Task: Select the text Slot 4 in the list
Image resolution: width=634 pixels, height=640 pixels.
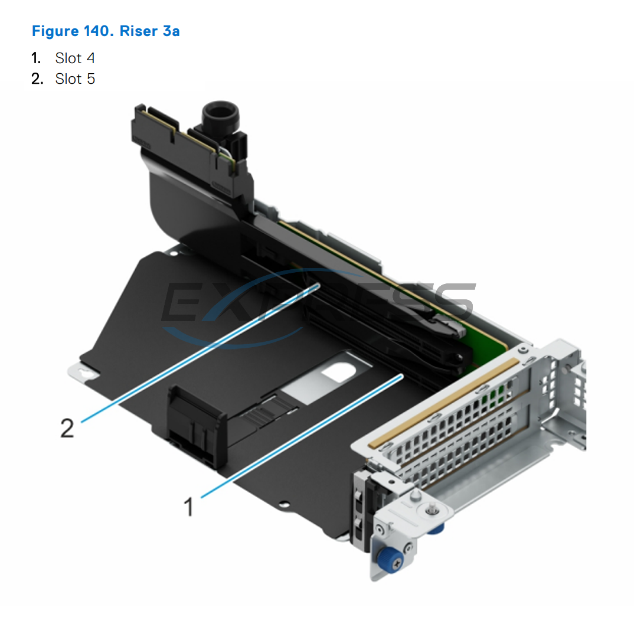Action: [x=75, y=58]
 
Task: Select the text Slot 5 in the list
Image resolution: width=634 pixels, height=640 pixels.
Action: [x=75, y=79]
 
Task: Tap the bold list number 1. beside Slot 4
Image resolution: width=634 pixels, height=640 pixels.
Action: [x=37, y=58]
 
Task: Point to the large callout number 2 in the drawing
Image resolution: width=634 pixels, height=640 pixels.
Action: [x=68, y=428]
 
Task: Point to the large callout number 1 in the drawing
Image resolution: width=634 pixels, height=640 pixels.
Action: [x=189, y=507]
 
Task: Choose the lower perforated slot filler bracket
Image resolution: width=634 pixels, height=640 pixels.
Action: [x=484, y=449]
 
